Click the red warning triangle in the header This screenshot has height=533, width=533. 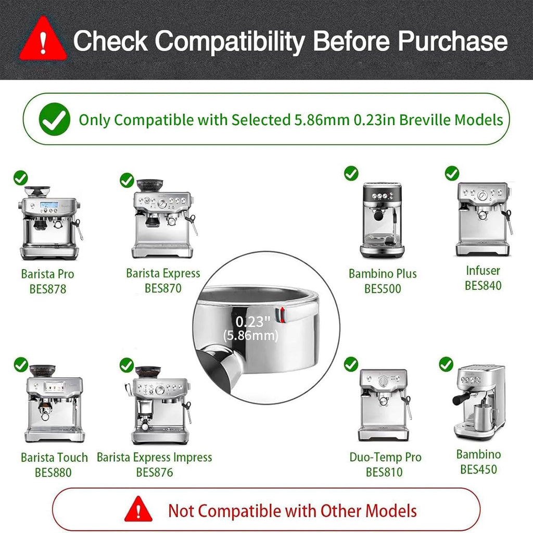[x=43, y=41]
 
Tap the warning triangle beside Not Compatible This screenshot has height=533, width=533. [x=138, y=509]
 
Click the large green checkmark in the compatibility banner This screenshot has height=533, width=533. [x=54, y=119]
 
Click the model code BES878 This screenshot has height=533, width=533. [x=48, y=289]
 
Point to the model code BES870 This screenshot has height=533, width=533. [x=163, y=288]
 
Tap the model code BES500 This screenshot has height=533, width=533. [x=383, y=288]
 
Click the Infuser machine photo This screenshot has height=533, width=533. [x=483, y=219]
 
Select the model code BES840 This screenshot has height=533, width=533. [x=483, y=285]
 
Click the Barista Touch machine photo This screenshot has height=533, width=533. [x=54, y=403]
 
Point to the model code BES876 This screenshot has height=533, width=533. [x=155, y=473]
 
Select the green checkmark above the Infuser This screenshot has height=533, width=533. [x=452, y=173]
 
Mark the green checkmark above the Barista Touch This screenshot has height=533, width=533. [x=21, y=364]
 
